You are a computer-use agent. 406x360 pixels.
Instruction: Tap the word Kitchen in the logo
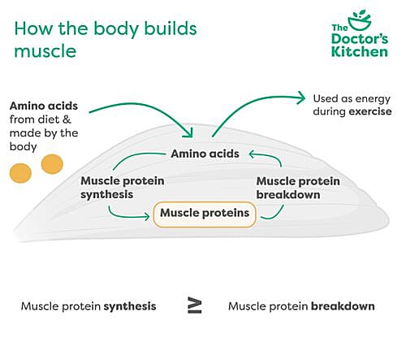click(x=360, y=51)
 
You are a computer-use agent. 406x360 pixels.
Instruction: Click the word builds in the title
click(x=171, y=28)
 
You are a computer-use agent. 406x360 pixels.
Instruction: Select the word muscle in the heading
click(x=45, y=51)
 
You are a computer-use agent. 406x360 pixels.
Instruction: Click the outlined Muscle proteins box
click(x=205, y=215)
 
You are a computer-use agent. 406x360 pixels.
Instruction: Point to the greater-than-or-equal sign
click(x=195, y=306)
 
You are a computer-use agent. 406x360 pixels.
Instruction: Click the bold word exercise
click(x=370, y=111)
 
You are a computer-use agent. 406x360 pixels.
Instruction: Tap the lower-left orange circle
click(x=20, y=173)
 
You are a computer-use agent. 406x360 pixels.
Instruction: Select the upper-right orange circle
click(x=52, y=164)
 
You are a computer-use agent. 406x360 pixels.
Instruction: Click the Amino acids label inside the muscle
click(x=205, y=154)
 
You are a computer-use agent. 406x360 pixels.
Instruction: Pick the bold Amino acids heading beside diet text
click(x=44, y=106)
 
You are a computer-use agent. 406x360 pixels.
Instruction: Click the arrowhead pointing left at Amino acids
click(x=252, y=154)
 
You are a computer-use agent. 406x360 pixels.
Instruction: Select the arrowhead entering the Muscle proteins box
click(x=147, y=216)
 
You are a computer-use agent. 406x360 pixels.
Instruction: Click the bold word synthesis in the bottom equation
click(x=130, y=306)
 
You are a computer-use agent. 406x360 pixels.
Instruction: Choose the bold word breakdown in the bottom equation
click(x=343, y=306)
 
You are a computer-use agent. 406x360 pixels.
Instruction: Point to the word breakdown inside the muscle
click(x=288, y=195)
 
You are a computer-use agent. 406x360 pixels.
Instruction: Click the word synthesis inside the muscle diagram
click(x=107, y=195)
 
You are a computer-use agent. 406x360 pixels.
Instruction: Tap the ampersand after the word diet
click(x=67, y=119)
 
